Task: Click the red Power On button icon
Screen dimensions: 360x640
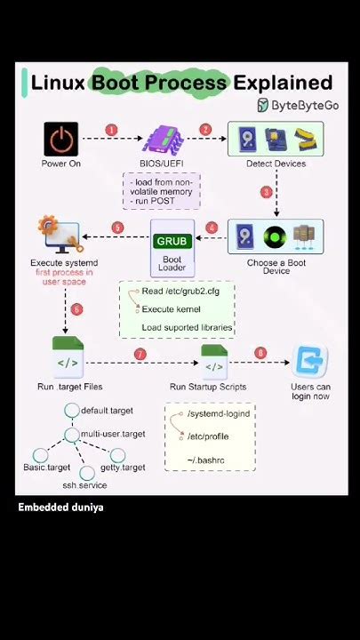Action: (x=60, y=139)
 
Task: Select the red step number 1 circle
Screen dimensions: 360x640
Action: (x=111, y=130)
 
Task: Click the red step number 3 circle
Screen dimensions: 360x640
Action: (x=267, y=192)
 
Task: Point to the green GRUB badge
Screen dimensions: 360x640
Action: (x=172, y=241)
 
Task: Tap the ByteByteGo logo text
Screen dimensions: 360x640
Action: (x=305, y=105)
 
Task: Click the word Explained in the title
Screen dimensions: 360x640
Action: (x=283, y=83)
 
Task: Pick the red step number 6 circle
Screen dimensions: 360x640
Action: (x=76, y=309)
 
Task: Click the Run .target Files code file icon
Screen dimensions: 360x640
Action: (x=68, y=357)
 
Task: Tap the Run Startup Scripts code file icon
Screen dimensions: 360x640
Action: (x=214, y=362)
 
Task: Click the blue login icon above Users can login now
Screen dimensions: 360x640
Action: (x=310, y=361)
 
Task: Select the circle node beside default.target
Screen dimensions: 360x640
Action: (x=72, y=410)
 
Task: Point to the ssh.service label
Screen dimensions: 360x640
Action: (x=85, y=485)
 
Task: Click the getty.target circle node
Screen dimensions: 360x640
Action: (x=117, y=455)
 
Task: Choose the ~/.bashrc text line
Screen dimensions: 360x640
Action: (x=205, y=460)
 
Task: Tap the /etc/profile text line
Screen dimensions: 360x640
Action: (x=208, y=436)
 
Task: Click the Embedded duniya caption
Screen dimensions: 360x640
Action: (x=60, y=508)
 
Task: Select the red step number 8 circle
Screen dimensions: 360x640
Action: (x=260, y=354)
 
